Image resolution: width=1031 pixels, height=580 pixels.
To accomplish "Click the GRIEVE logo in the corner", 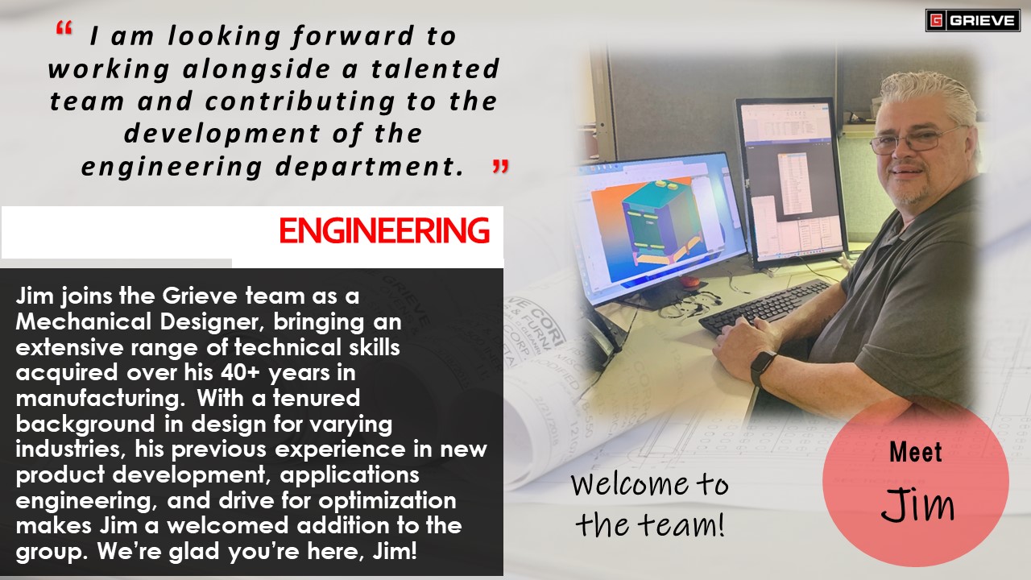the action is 972,21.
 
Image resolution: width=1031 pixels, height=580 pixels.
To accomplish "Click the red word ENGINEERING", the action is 384,230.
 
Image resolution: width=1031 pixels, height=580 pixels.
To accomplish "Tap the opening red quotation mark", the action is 64,28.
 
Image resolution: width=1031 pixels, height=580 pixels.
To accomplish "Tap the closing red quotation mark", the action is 500,166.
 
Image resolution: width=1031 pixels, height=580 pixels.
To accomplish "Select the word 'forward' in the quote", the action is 353,36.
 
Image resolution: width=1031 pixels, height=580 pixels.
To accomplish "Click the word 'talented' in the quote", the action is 435,68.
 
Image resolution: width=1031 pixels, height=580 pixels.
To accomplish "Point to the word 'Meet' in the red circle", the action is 916,452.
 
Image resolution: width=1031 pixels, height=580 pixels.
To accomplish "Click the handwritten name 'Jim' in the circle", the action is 917,504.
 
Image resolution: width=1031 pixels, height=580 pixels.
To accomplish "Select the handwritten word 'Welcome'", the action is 630,484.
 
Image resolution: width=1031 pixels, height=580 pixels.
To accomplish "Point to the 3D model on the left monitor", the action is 658,221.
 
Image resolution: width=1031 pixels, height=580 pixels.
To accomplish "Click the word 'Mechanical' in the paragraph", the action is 83,321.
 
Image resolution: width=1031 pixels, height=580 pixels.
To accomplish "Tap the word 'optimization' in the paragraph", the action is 387,501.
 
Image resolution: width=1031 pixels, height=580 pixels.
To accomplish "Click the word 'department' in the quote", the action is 370,167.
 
